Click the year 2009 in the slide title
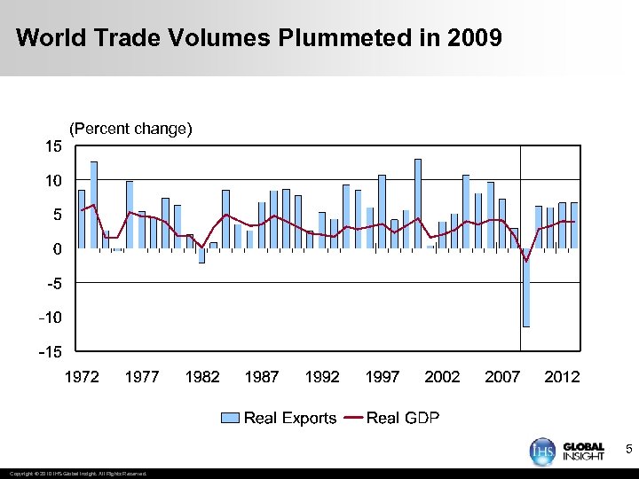(475, 39)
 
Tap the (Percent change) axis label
(130, 129)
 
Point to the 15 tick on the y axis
(54, 146)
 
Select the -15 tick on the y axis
(51, 352)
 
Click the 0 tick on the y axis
(57, 249)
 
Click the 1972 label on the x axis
(82, 377)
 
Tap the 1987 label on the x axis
(262, 377)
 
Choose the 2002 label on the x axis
(442, 377)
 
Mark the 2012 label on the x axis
(562, 377)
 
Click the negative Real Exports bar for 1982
(201, 255)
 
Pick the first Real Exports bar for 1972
(82, 219)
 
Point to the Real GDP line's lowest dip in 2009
(526, 261)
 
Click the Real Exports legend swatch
(230, 418)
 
